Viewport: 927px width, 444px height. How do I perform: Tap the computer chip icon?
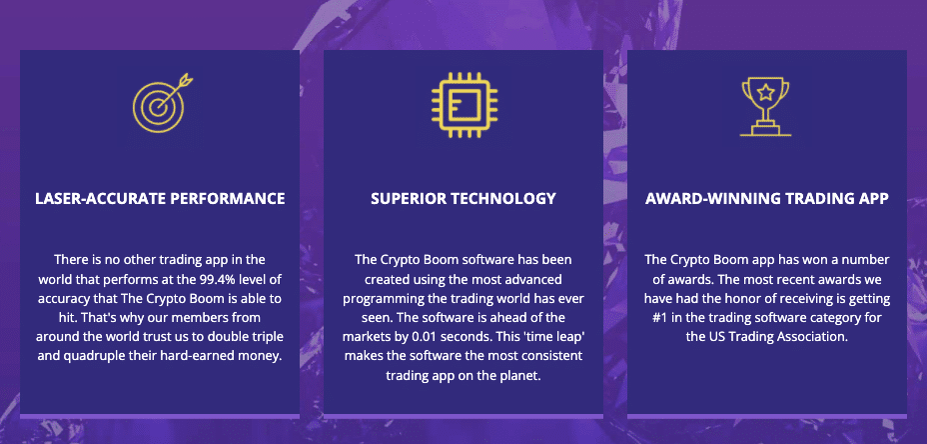pyautogui.click(x=464, y=105)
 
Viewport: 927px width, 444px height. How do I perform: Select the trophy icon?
pyautogui.click(x=765, y=107)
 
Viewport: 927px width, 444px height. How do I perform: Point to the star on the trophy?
pyautogui.click(x=765, y=92)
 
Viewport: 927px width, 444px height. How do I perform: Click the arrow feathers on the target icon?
pyautogui.click(x=187, y=79)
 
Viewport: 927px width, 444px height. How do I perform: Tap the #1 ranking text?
pyautogui.click(x=660, y=318)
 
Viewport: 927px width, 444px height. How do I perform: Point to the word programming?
pyautogui.click(x=376, y=298)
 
